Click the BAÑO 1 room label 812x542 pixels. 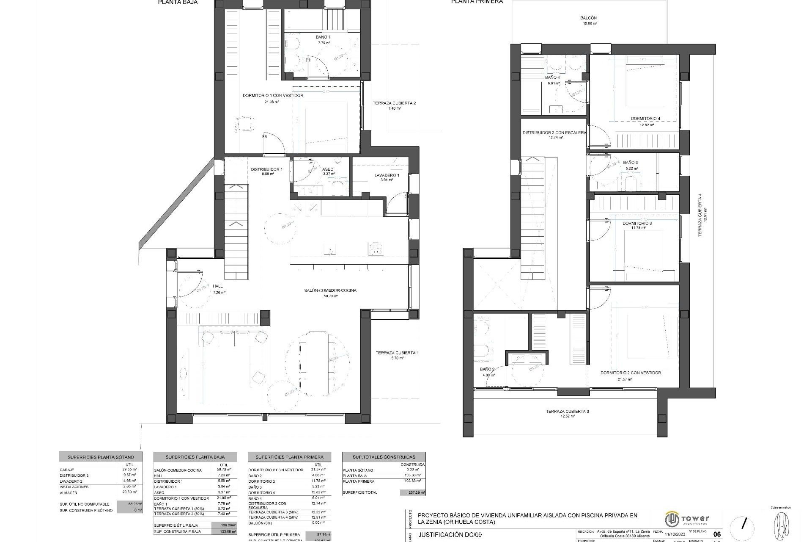tap(323, 37)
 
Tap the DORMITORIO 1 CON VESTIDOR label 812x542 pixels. tap(273, 96)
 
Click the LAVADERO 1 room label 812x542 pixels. tap(387, 175)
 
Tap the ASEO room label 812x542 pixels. tap(328, 169)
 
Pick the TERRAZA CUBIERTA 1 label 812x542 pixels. tap(397, 353)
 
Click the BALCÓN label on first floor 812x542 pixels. tap(588, 18)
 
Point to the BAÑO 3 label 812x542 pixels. tap(630, 163)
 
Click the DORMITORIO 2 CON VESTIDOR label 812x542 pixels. tap(631, 373)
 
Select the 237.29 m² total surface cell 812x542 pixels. tap(413, 492)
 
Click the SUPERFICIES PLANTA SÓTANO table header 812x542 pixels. tap(101, 457)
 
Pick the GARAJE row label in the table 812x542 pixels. tap(67, 470)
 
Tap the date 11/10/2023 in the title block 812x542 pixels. tap(675, 534)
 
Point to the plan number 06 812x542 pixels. tap(717, 534)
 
